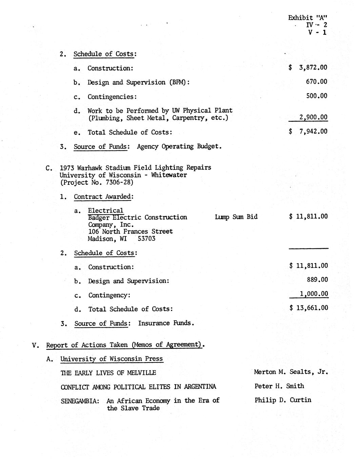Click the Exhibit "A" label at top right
(307, 18)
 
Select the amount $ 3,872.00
(308, 67)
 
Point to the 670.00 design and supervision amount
(316, 82)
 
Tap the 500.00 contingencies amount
(317, 96)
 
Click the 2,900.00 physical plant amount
(313, 118)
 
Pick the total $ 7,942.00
(308, 132)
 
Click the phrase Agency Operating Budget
(179, 147)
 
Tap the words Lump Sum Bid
(236, 217)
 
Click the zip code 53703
(146, 239)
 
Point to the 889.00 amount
(317, 280)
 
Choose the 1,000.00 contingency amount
(314, 294)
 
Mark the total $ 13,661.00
(308, 308)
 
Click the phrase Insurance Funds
(166, 323)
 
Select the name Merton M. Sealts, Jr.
(291, 372)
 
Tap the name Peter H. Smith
(279, 386)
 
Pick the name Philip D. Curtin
(283, 400)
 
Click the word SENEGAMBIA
(80, 401)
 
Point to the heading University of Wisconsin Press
(111, 359)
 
